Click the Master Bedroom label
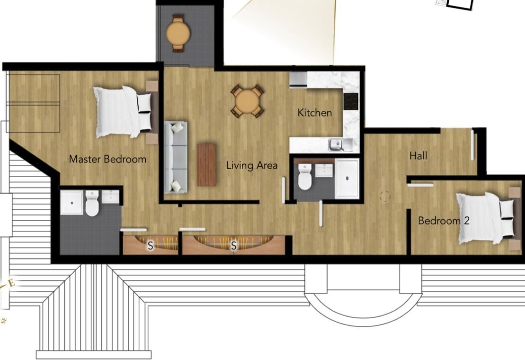[x=107, y=159]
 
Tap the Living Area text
[x=251, y=165]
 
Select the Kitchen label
[x=314, y=113]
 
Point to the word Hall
[x=418, y=155]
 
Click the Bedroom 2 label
[x=443, y=221]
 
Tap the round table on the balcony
[x=178, y=33]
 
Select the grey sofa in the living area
[x=176, y=157]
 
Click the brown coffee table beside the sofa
[x=206, y=164]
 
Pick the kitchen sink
[x=338, y=144]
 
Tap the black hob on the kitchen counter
[x=351, y=100]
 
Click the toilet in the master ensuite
[x=92, y=205]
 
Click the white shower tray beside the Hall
[x=347, y=178]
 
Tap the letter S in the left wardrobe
[x=151, y=245]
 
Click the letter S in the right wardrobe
[x=233, y=245]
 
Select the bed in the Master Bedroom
[x=125, y=112]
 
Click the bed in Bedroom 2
[x=485, y=218]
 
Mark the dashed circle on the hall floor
[x=385, y=196]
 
